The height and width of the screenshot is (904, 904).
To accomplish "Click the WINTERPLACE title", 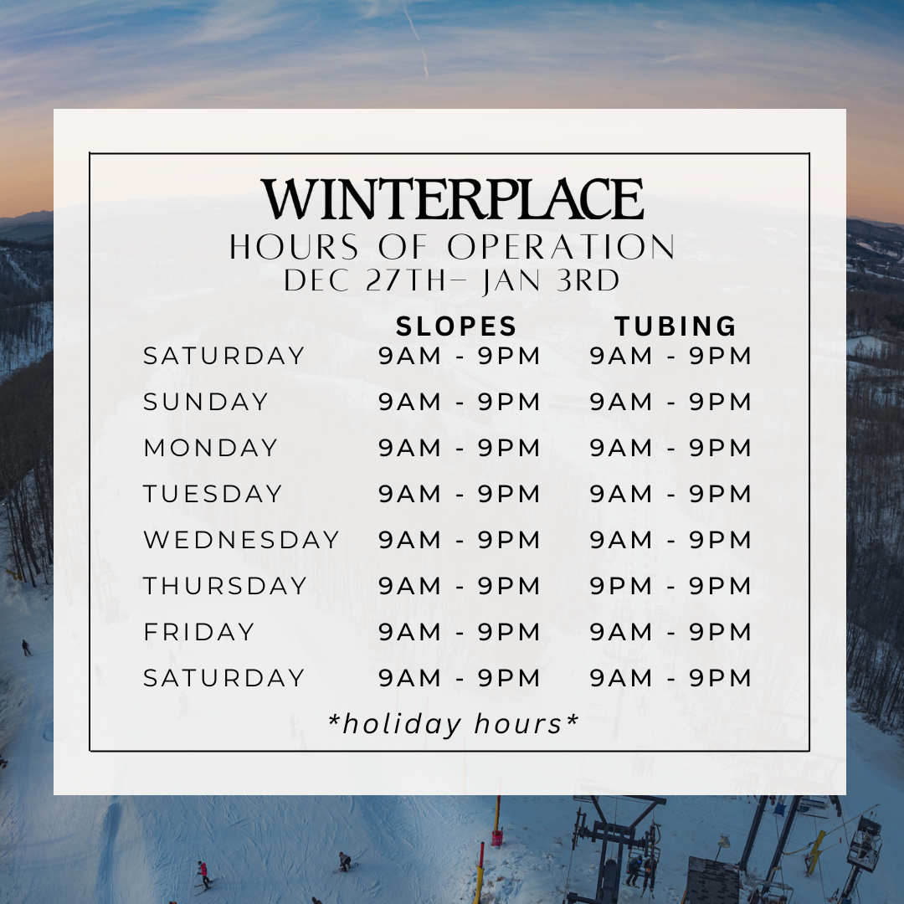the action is pos(452,198).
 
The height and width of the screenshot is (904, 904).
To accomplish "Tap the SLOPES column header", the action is pos(456,326).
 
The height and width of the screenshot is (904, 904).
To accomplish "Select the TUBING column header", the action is pos(675,326).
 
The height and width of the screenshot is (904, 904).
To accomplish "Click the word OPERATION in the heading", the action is pos(561,247).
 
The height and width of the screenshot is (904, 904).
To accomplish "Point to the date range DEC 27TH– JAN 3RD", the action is pos(451,280).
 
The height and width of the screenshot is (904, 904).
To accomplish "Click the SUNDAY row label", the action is pos(206,402).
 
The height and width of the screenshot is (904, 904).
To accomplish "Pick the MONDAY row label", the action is pos(211,448).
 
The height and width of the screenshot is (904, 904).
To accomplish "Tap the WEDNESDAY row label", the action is pos(241,540).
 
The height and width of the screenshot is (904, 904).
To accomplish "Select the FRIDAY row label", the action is pos(199,632).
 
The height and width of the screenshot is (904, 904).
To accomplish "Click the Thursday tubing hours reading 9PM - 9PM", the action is pos(670,586).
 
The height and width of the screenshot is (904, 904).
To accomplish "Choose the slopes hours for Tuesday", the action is pos(459,494).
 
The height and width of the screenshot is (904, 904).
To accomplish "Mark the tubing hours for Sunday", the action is pos(670,402).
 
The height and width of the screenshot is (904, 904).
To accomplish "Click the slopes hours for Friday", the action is pos(459,632).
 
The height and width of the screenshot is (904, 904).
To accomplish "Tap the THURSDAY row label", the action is pos(225,586).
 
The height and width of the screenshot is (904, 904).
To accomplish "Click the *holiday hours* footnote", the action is pos(453,724).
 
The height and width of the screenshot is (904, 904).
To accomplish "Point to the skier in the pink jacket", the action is pos(203,874).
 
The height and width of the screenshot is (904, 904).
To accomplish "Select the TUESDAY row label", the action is pos(213,494).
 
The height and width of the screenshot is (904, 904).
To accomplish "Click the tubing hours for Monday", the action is pos(670,448).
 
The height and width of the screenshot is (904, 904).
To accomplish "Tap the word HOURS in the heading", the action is pos(294,247).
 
